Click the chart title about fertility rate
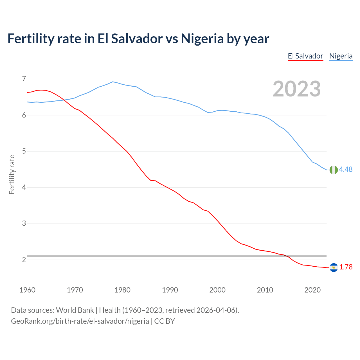138,39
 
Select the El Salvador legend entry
305,56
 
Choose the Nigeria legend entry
341,56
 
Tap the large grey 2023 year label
297,89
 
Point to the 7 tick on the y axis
24,79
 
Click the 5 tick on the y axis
24,151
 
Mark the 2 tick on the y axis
24,260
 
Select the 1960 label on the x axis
27,290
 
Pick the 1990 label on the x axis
170,290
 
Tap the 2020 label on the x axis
312,290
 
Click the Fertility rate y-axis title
12,174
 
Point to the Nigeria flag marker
334,170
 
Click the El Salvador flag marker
334,267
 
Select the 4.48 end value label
346,169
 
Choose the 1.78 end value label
346,267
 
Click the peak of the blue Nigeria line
113,82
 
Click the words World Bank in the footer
75,310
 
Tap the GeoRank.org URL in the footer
80,321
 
